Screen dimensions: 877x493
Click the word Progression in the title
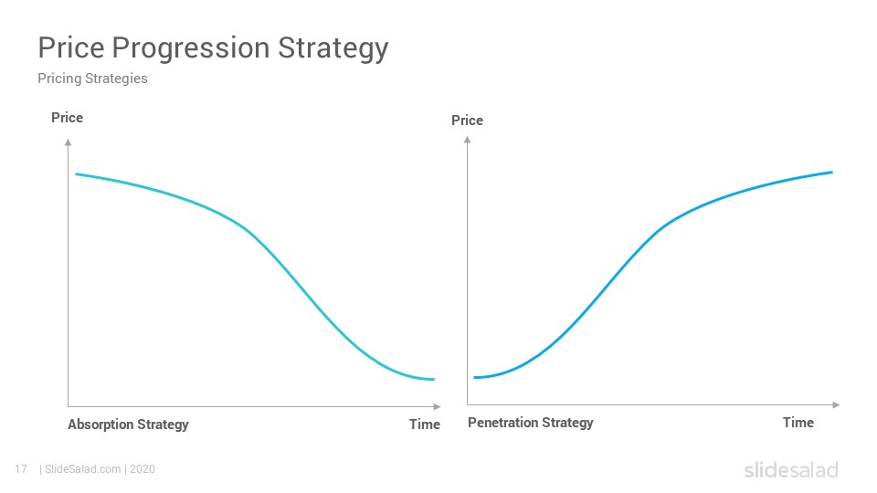(191, 49)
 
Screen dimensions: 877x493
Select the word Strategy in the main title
(333, 49)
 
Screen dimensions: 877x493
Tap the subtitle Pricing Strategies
(93, 79)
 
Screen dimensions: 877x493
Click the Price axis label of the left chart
(67, 118)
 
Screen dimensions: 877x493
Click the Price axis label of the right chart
(467, 121)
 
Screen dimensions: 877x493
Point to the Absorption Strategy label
(128, 425)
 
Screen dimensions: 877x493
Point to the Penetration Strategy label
(530, 423)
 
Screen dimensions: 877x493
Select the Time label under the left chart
(425, 425)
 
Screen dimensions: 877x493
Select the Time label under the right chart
(798, 423)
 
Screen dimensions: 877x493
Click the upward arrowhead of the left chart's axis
(69, 142)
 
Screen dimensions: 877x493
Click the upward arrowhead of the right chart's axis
(468, 140)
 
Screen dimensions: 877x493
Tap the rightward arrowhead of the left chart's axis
(438, 406)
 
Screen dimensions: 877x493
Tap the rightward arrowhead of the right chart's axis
(837, 404)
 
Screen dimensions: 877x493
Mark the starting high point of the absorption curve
(77, 174)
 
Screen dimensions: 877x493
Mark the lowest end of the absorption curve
(433, 380)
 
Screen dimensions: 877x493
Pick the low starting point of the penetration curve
(475, 378)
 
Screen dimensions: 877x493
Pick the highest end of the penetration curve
(832, 173)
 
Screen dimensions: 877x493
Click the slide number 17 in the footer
(21, 469)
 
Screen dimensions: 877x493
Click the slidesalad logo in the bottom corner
(791, 470)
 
